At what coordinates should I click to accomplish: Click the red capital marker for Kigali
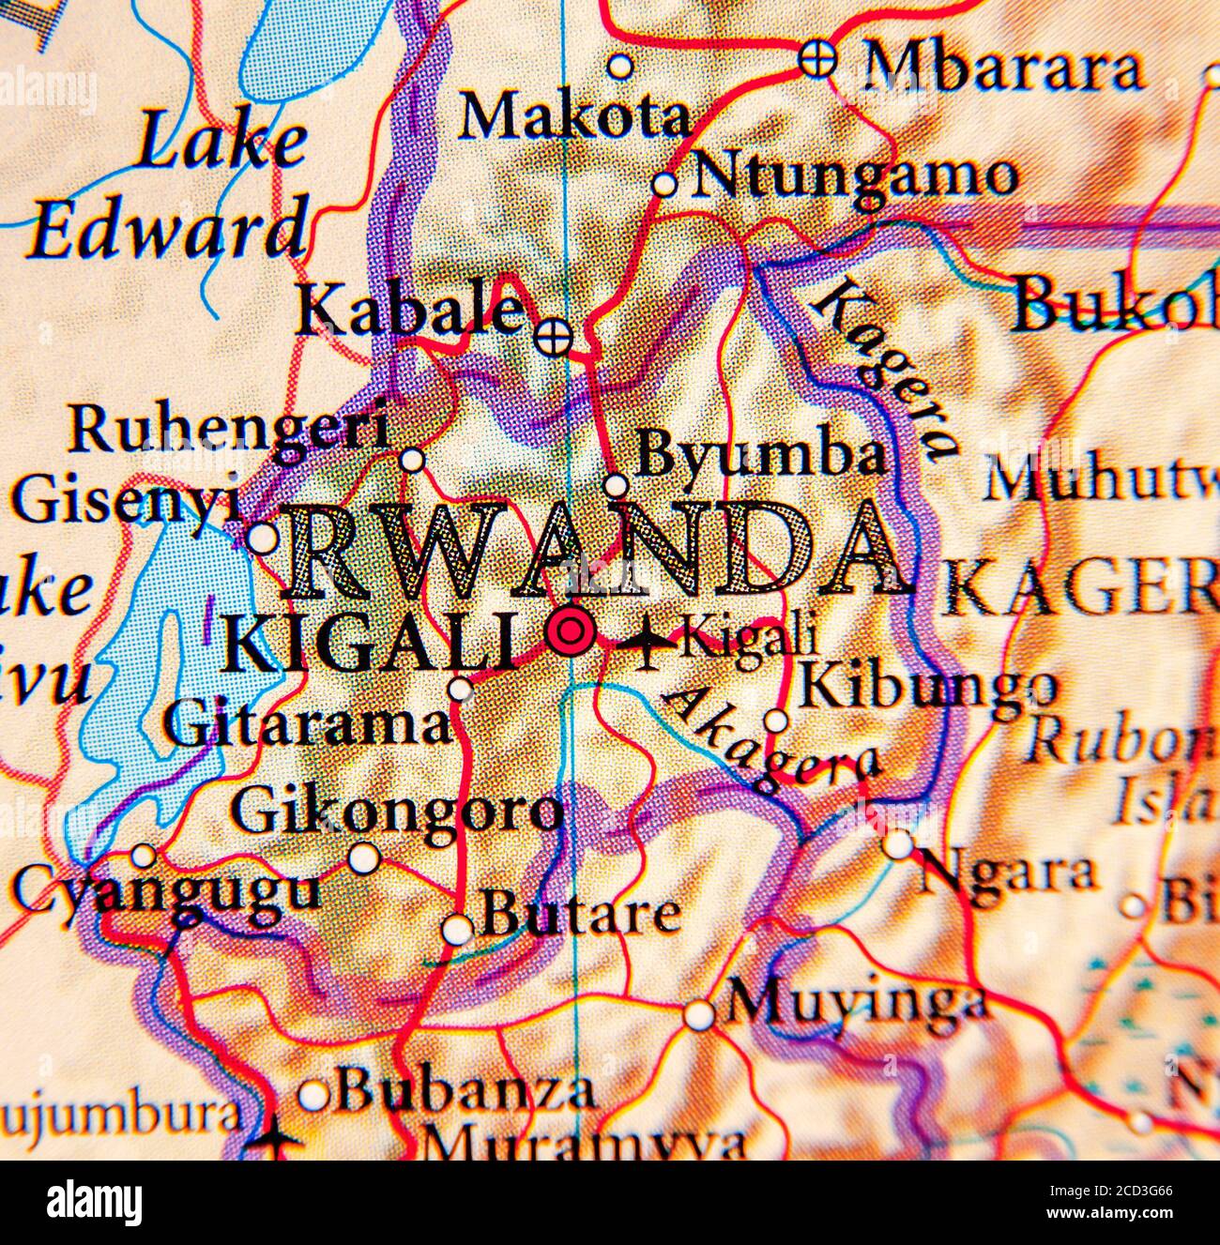(570, 631)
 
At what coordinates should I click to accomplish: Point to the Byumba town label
(760, 456)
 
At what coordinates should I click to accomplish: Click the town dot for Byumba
(616, 485)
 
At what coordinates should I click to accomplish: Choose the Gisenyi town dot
(263, 539)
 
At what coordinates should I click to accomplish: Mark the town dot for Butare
(457, 929)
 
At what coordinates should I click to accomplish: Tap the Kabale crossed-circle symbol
(553, 334)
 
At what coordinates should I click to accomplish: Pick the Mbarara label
(1002, 68)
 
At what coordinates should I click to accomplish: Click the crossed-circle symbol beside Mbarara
(816, 59)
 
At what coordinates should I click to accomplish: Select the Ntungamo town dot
(664, 184)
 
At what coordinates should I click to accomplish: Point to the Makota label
(572, 117)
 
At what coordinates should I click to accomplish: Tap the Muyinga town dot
(698, 1014)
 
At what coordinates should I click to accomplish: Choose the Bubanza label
(465, 1090)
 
